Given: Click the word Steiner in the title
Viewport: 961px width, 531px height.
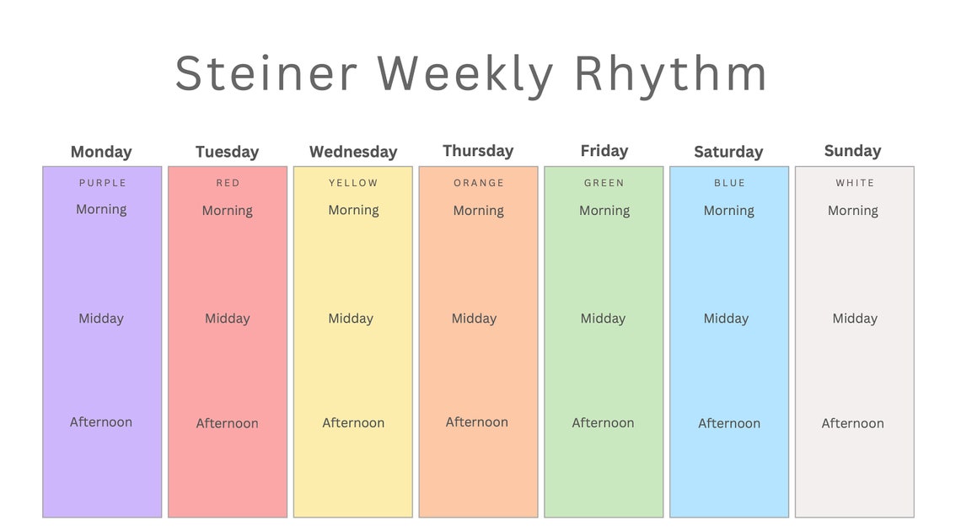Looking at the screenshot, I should point(266,73).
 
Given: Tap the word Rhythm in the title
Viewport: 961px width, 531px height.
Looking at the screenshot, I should point(671,73).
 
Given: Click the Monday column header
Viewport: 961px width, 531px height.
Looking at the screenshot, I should point(101,152).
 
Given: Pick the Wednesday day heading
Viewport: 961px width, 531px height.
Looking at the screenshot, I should point(353,152).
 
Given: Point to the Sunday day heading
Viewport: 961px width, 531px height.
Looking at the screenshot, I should point(852,151).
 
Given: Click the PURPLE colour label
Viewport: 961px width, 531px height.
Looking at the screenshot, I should point(102,183).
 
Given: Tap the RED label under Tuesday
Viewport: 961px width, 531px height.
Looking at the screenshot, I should point(228,183).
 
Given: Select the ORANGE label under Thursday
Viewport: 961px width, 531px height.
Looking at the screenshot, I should point(479,183).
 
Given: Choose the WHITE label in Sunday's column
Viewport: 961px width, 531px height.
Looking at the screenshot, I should point(855,183).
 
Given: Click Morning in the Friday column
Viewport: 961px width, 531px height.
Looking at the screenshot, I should point(604,211).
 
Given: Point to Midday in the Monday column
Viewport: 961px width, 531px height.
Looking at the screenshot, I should point(101,319).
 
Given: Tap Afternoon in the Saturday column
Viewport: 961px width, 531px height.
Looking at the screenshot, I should point(729,423).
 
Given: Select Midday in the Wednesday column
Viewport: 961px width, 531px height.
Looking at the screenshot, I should point(351,319).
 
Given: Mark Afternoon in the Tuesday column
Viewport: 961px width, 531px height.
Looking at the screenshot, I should point(228,423).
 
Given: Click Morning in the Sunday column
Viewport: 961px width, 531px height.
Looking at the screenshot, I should point(853,211).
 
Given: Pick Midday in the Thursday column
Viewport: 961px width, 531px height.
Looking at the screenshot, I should point(474,319).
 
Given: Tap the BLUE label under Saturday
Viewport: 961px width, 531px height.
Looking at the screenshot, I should point(729,183).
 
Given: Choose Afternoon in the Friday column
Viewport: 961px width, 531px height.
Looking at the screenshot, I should point(603,423).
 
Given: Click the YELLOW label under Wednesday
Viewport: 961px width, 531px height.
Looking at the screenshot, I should point(353,183).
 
